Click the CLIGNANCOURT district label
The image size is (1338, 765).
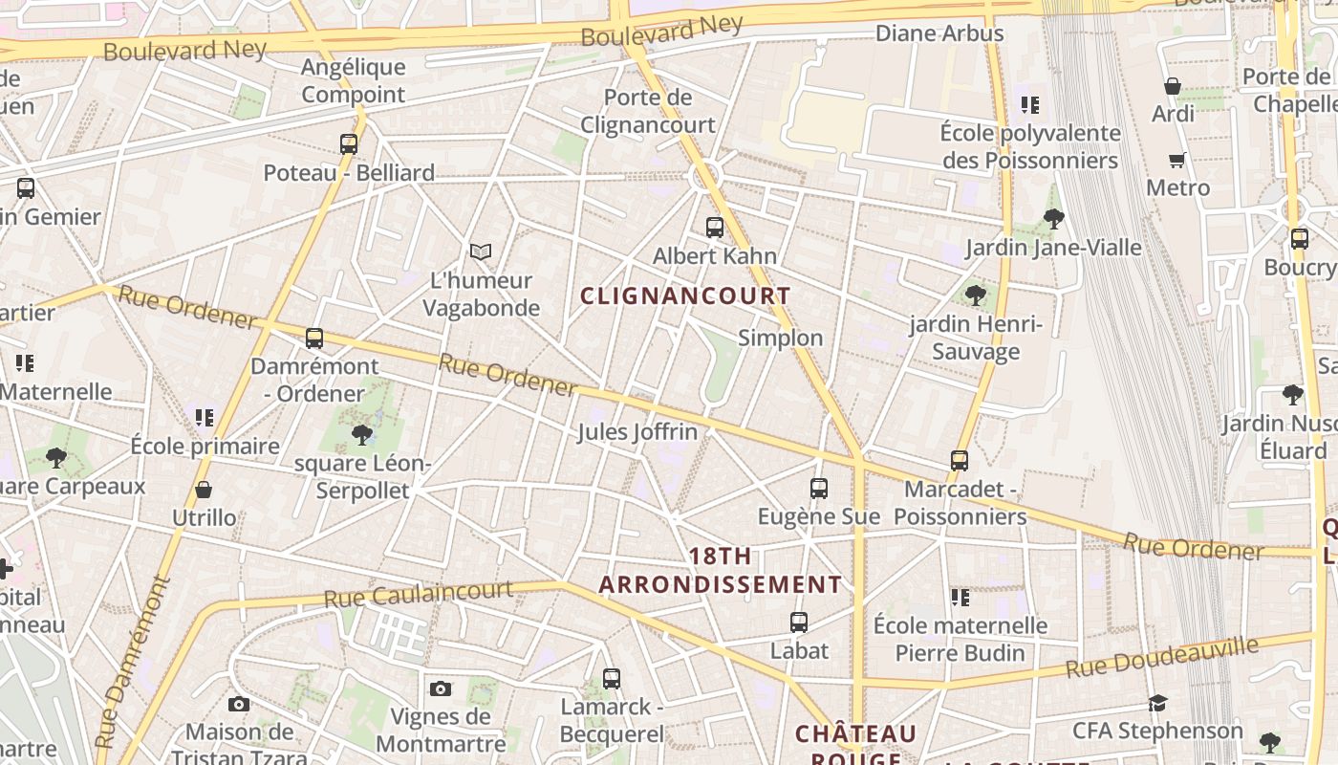685,295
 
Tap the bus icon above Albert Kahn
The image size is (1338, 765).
714,228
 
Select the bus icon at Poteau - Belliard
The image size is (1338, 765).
349,144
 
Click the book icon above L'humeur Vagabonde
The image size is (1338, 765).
481,251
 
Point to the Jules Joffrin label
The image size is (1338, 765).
637,432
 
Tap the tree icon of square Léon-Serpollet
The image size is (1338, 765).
362,435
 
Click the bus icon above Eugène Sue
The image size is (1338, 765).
819,489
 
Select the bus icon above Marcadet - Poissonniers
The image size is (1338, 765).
960,461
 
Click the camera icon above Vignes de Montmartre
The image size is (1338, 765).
440,688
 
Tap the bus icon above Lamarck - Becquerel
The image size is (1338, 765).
612,679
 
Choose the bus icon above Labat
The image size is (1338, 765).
799,623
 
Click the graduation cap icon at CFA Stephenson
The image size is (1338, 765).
1157,704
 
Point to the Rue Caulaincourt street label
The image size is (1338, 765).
418,594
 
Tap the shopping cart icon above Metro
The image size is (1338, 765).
1176,160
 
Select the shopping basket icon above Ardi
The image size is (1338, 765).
1173,86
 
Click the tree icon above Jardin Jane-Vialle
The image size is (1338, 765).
1054,219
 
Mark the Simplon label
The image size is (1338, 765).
780,338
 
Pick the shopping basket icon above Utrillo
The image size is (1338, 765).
204,491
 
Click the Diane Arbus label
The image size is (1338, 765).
939,33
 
